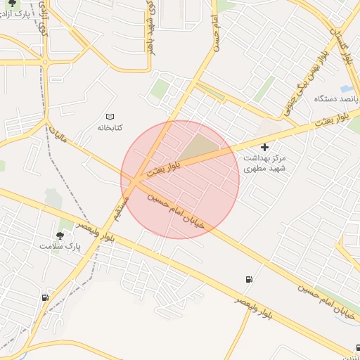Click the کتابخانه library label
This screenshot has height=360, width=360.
(x=109, y=127)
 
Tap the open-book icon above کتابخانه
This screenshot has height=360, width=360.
(x=109, y=116)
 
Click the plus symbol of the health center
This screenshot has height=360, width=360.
(x=264, y=147)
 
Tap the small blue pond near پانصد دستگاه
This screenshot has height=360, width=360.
(x=347, y=89)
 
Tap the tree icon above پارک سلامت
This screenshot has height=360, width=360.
(x=60, y=236)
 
